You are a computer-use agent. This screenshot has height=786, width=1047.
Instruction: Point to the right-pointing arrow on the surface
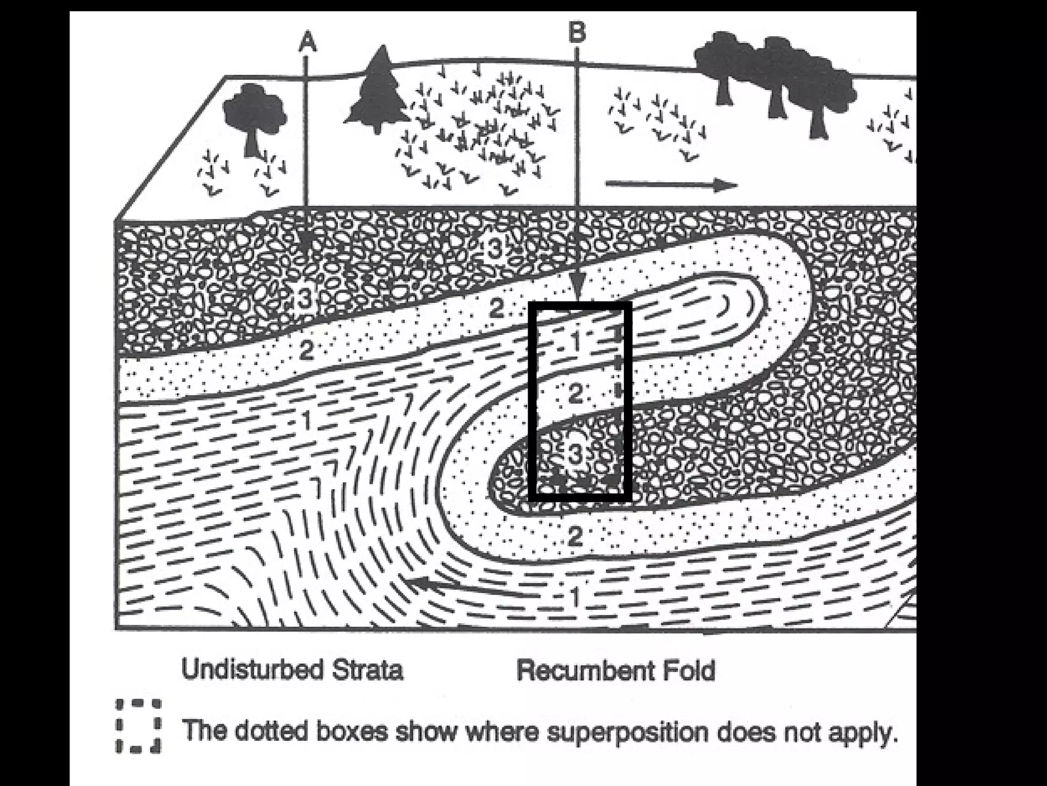coord(671,185)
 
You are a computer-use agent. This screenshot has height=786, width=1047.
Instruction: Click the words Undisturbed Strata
coord(292,669)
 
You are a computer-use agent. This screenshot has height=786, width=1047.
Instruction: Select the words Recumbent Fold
coord(616,670)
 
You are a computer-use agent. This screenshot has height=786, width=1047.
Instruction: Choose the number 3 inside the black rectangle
coord(575,453)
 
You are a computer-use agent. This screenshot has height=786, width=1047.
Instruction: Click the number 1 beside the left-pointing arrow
coord(575,596)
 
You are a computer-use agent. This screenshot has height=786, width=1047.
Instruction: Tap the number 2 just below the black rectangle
coord(575,535)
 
